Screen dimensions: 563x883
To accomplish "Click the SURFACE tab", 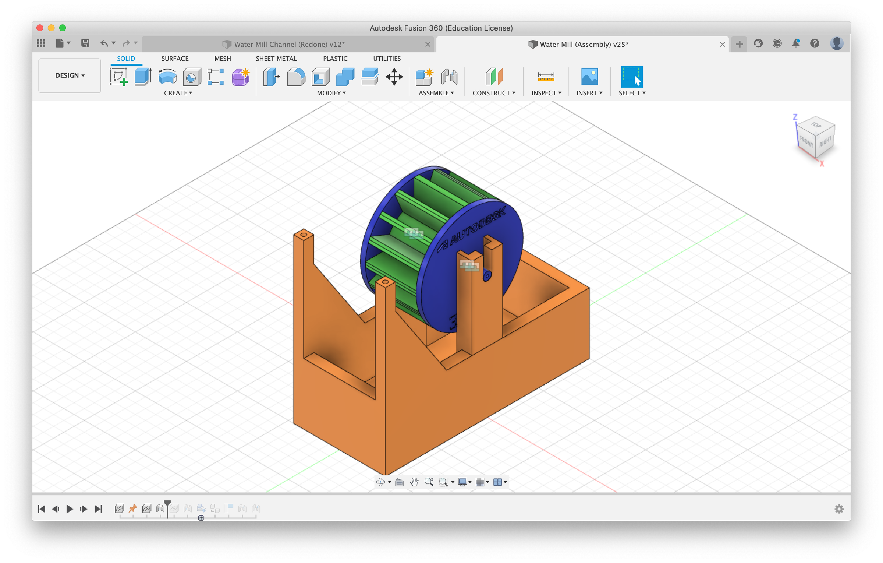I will pos(175,59).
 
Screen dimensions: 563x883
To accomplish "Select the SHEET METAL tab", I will pos(276,59).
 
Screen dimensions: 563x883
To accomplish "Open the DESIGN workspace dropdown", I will pos(70,75).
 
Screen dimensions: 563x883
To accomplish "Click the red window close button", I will pos(40,28).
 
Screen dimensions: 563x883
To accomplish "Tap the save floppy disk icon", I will pos(85,43).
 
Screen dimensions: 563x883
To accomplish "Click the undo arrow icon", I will pos(104,43).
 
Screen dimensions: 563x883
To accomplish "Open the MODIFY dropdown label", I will pos(331,93).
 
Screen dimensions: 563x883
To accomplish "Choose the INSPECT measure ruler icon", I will pos(546,77).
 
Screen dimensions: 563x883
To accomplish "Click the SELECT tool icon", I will pos(632,77).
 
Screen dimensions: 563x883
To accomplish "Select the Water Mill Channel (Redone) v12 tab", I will pos(289,45).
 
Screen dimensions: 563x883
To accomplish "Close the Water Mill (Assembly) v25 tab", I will pos(722,45).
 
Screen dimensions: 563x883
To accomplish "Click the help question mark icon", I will pos(815,43).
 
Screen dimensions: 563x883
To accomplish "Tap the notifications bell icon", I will pos(796,43).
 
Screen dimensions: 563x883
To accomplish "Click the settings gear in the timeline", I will pos(839,509).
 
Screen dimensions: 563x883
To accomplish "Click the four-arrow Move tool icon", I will pos(394,77).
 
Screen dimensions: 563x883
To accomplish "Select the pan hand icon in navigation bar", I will pos(414,482).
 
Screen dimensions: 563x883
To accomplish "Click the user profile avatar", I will pos(837,43).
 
